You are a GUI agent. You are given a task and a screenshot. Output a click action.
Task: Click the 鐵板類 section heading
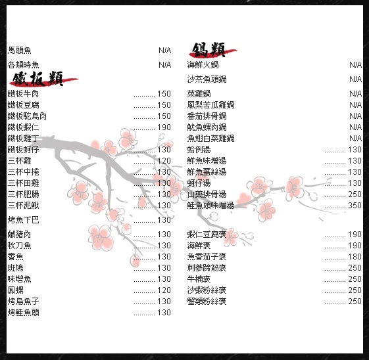[x=38, y=79]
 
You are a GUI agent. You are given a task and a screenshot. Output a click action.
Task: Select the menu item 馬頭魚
[x=19, y=51]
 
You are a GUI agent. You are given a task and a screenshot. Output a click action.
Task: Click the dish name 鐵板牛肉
[x=23, y=94]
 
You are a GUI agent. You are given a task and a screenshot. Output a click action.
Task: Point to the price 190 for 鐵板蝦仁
[x=164, y=127]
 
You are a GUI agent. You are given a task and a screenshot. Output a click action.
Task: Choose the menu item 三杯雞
[x=19, y=161]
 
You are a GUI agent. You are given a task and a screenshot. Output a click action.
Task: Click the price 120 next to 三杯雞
[x=164, y=161]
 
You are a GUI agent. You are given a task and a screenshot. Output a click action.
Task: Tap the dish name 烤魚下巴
[x=23, y=219]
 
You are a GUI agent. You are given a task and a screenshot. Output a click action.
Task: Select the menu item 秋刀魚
[x=19, y=245]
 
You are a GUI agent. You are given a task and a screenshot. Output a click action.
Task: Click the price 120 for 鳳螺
[x=164, y=290]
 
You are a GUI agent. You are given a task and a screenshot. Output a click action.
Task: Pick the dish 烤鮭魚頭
[x=23, y=312]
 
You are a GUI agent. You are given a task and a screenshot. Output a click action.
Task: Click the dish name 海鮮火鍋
[x=203, y=64]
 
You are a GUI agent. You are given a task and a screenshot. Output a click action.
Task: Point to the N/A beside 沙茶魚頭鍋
[x=355, y=79]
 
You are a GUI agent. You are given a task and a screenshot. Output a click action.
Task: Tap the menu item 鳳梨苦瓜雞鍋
[x=210, y=105]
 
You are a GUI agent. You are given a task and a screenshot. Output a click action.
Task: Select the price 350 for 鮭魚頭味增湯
[x=355, y=206]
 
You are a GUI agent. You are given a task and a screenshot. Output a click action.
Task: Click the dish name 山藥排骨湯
[x=207, y=194]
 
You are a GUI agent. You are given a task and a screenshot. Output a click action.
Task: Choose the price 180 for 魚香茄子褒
[x=355, y=256]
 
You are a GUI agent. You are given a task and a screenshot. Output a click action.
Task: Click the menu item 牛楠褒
[x=199, y=279]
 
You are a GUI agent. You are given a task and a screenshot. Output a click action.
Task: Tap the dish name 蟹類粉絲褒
[x=207, y=302]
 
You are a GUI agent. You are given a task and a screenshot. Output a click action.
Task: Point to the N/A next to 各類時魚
[x=164, y=64]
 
